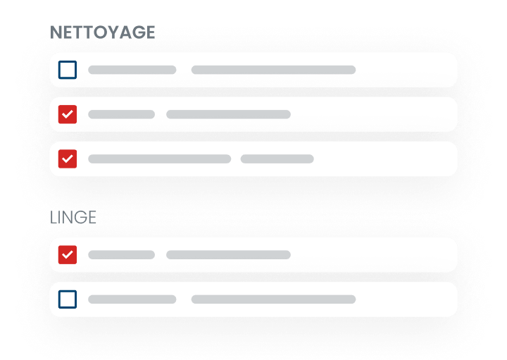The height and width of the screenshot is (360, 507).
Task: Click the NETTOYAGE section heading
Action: click(x=103, y=32)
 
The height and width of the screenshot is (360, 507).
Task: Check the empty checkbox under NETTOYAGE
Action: click(x=68, y=70)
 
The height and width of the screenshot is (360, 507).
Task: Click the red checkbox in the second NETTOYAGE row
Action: click(x=68, y=114)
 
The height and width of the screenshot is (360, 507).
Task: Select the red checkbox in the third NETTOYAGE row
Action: click(x=68, y=159)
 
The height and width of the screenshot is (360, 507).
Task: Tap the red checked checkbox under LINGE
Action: click(x=68, y=254)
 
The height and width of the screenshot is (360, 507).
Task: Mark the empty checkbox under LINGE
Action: click(x=68, y=299)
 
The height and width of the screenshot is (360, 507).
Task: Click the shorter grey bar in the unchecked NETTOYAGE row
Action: click(x=132, y=70)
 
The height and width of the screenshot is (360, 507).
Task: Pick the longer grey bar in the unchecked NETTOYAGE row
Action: click(x=273, y=70)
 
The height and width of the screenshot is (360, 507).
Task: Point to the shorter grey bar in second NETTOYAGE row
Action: click(x=121, y=114)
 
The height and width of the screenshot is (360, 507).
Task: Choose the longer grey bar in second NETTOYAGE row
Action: click(x=228, y=114)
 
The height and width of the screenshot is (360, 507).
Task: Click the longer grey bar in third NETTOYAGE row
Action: click(x=159, y=159)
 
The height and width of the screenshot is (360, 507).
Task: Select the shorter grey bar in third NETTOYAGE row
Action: click(x=277, y=159)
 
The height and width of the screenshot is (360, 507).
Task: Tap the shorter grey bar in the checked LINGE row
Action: click(x=121, y=254)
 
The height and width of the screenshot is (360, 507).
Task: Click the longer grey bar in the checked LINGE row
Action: click(x=228, y=254)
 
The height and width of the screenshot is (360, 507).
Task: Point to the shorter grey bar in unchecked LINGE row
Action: click(x=132, y=299)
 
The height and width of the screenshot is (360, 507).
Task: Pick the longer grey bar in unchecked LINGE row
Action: click(x=273, y=299)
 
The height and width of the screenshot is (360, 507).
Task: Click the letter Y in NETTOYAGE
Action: click(x=115, y=32)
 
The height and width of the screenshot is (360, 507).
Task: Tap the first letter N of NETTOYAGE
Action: click(x=56, y=32)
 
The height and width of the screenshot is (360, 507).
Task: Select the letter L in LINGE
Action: click(x=54, y=216)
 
